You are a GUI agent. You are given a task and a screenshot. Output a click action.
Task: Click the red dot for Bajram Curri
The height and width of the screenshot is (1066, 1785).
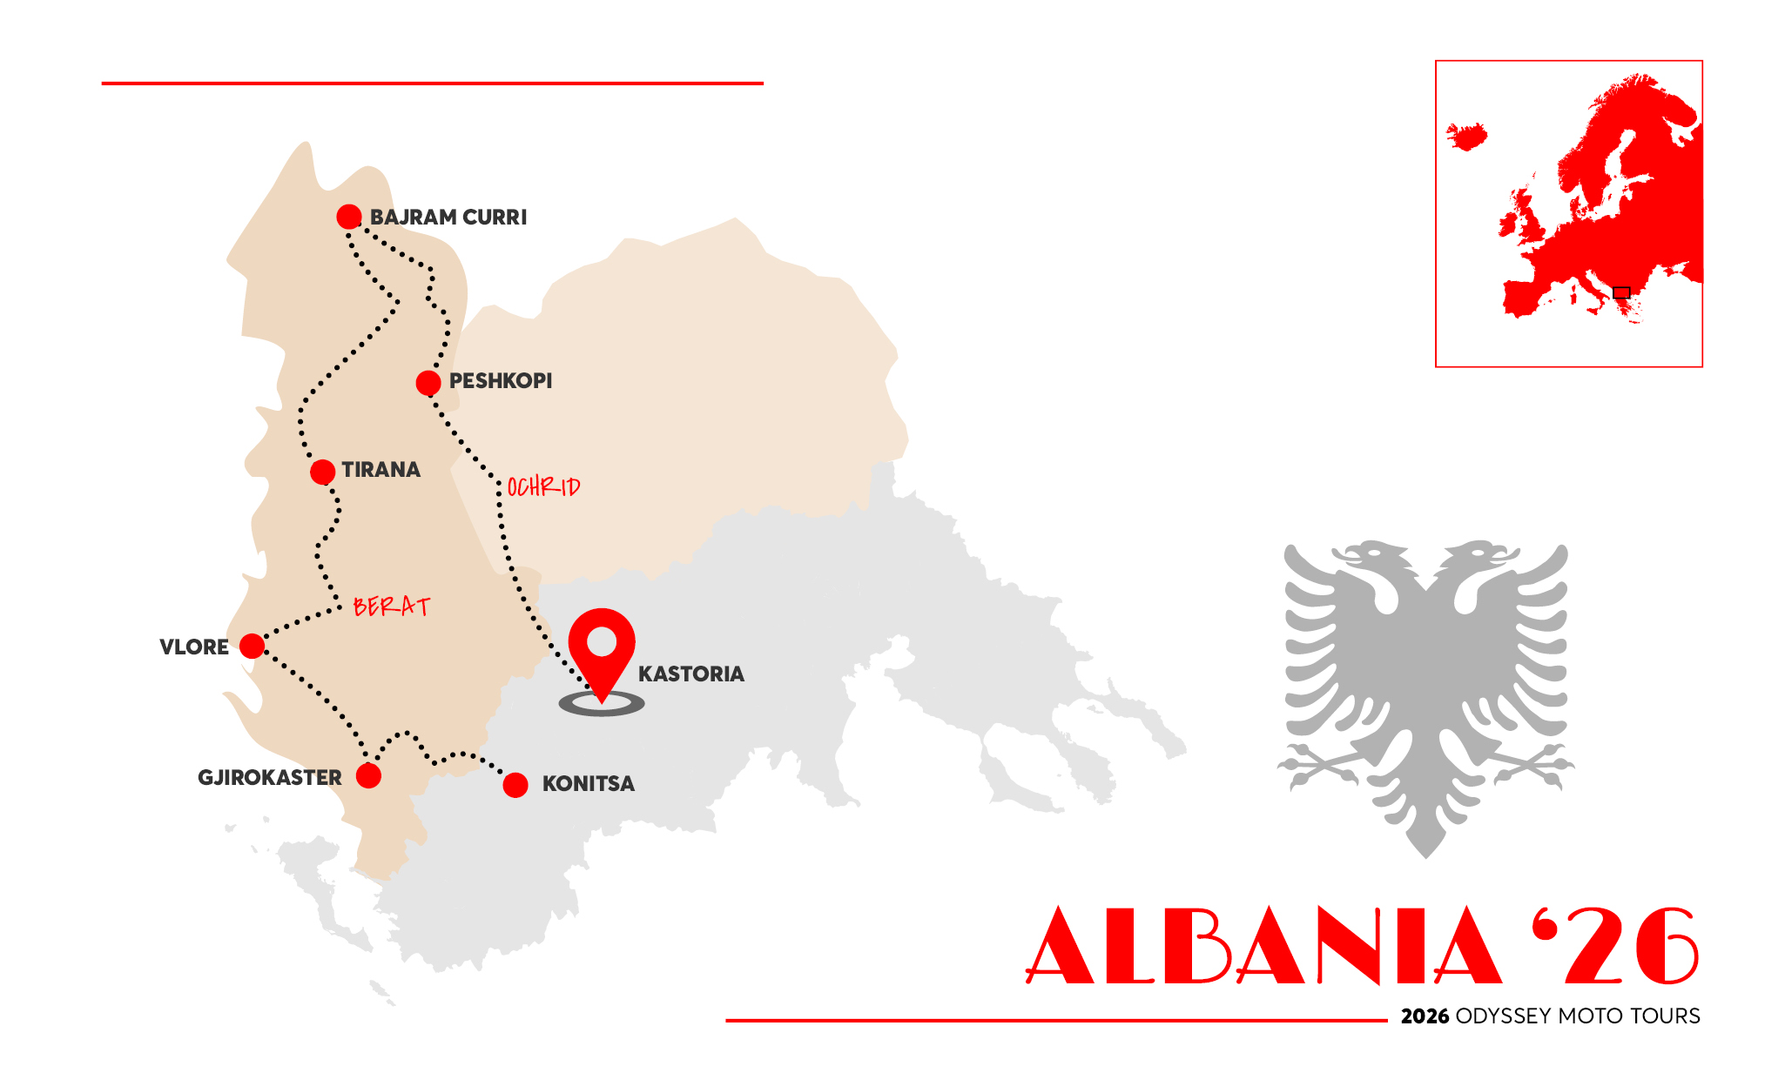(x=349, y=217)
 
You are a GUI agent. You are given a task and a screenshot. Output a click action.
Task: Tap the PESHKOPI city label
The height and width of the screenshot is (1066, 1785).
(x=501, y=381)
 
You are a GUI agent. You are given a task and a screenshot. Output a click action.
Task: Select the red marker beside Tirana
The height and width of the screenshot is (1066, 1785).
(x=322, y=472)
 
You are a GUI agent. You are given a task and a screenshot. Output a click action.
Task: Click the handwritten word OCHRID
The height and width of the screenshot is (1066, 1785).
(x=543, y=486)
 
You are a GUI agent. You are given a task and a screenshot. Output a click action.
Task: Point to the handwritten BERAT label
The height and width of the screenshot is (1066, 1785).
(x=392, y=606)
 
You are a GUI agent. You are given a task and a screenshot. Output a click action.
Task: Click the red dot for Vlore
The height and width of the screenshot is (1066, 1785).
(x=252, y=646)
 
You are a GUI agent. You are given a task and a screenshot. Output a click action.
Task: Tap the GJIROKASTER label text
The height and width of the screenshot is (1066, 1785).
(x=269, y=777)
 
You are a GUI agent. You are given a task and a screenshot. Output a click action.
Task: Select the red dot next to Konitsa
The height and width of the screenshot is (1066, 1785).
(x=515, y=785)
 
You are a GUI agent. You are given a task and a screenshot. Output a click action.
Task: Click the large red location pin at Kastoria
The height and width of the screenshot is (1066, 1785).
(x=602, y=648)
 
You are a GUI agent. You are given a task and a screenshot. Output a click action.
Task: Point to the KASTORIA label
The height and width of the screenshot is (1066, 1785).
(x=691, y=674)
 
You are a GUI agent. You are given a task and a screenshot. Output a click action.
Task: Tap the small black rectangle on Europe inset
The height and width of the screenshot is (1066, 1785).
(x=1621, y=292)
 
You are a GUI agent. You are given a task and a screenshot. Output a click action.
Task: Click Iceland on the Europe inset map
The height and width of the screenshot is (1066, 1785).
(x=1467, y=137)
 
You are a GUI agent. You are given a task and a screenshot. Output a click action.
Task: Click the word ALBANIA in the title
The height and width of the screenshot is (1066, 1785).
(x=1263, y=946)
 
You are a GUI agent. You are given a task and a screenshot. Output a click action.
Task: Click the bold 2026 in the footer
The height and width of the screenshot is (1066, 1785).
(x=1425, y=1016)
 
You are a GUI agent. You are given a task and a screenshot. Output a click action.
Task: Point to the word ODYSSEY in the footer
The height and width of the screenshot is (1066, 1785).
(x=1503, y=1016)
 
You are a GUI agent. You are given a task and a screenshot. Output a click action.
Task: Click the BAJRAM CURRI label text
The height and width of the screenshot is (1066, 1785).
(x=448, y=218)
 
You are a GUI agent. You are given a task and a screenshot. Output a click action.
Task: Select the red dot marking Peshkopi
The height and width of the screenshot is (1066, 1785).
(x=428, y=383)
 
